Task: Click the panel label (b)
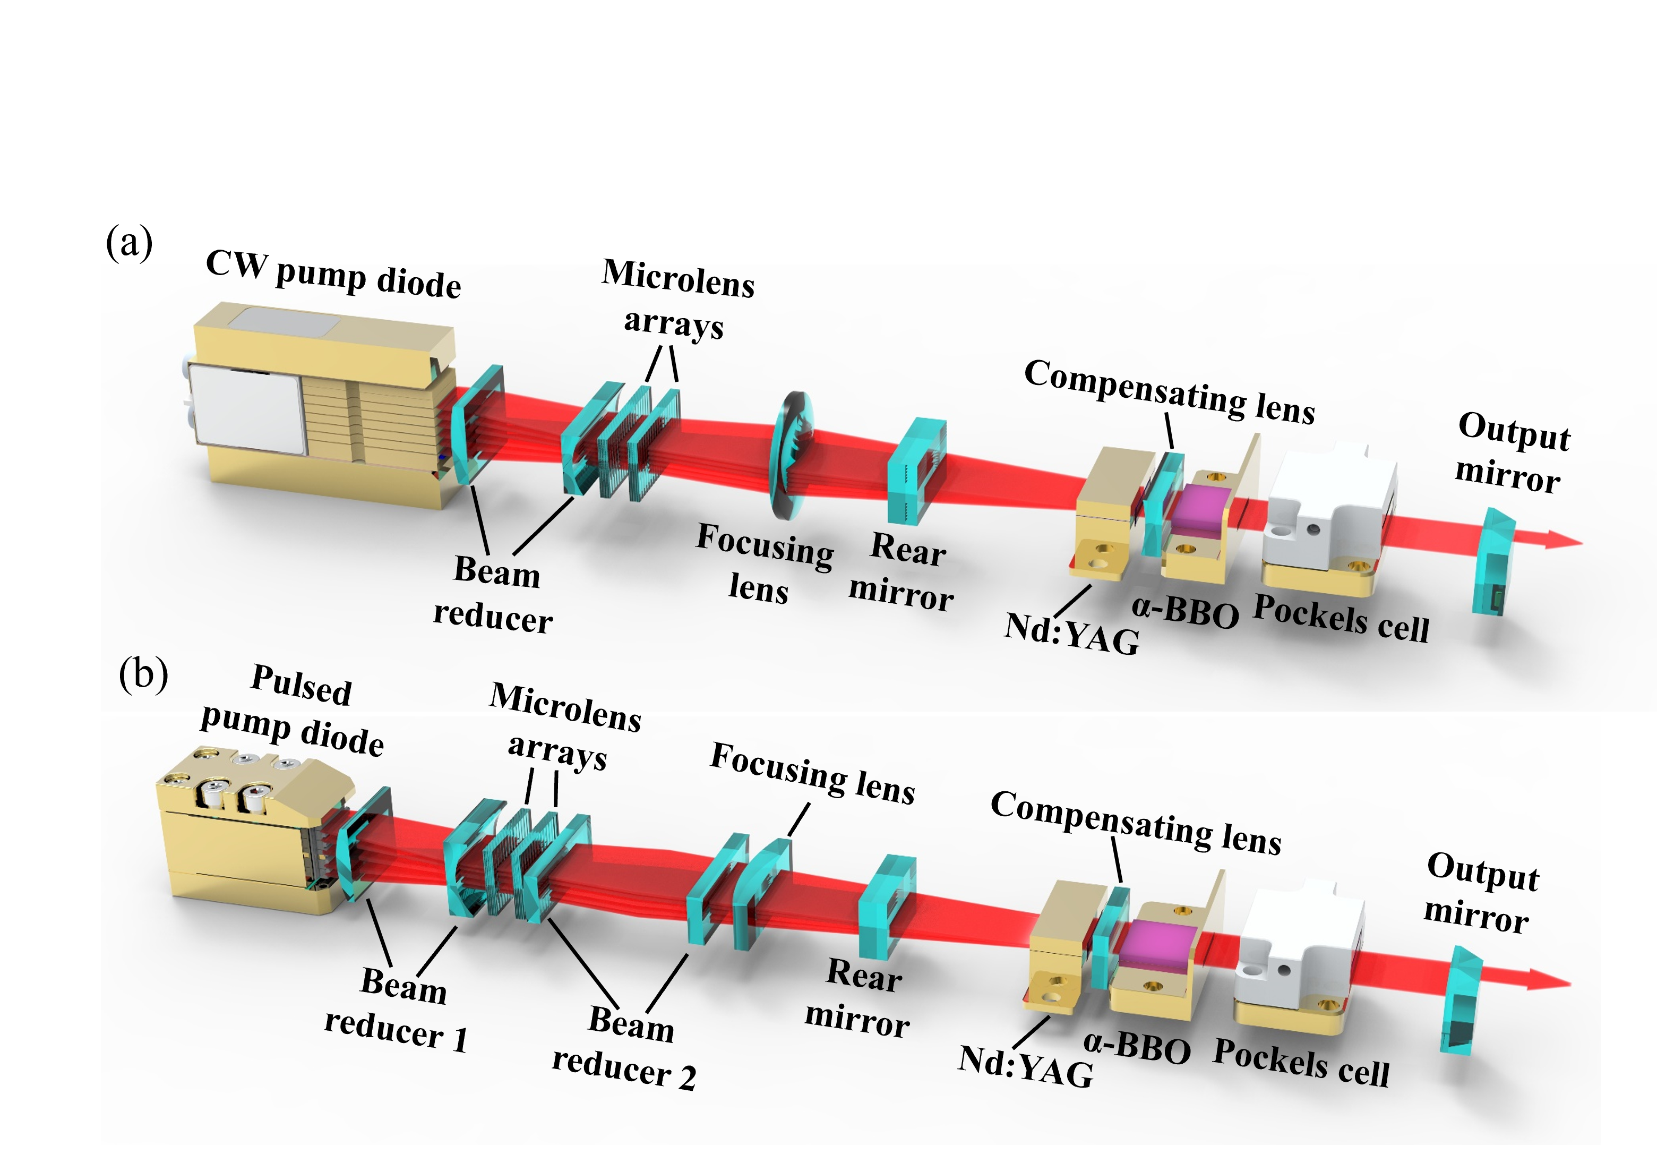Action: point(143,675)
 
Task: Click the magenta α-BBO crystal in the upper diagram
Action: point(1200,509)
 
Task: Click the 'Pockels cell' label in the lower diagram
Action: point(1301,1062)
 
